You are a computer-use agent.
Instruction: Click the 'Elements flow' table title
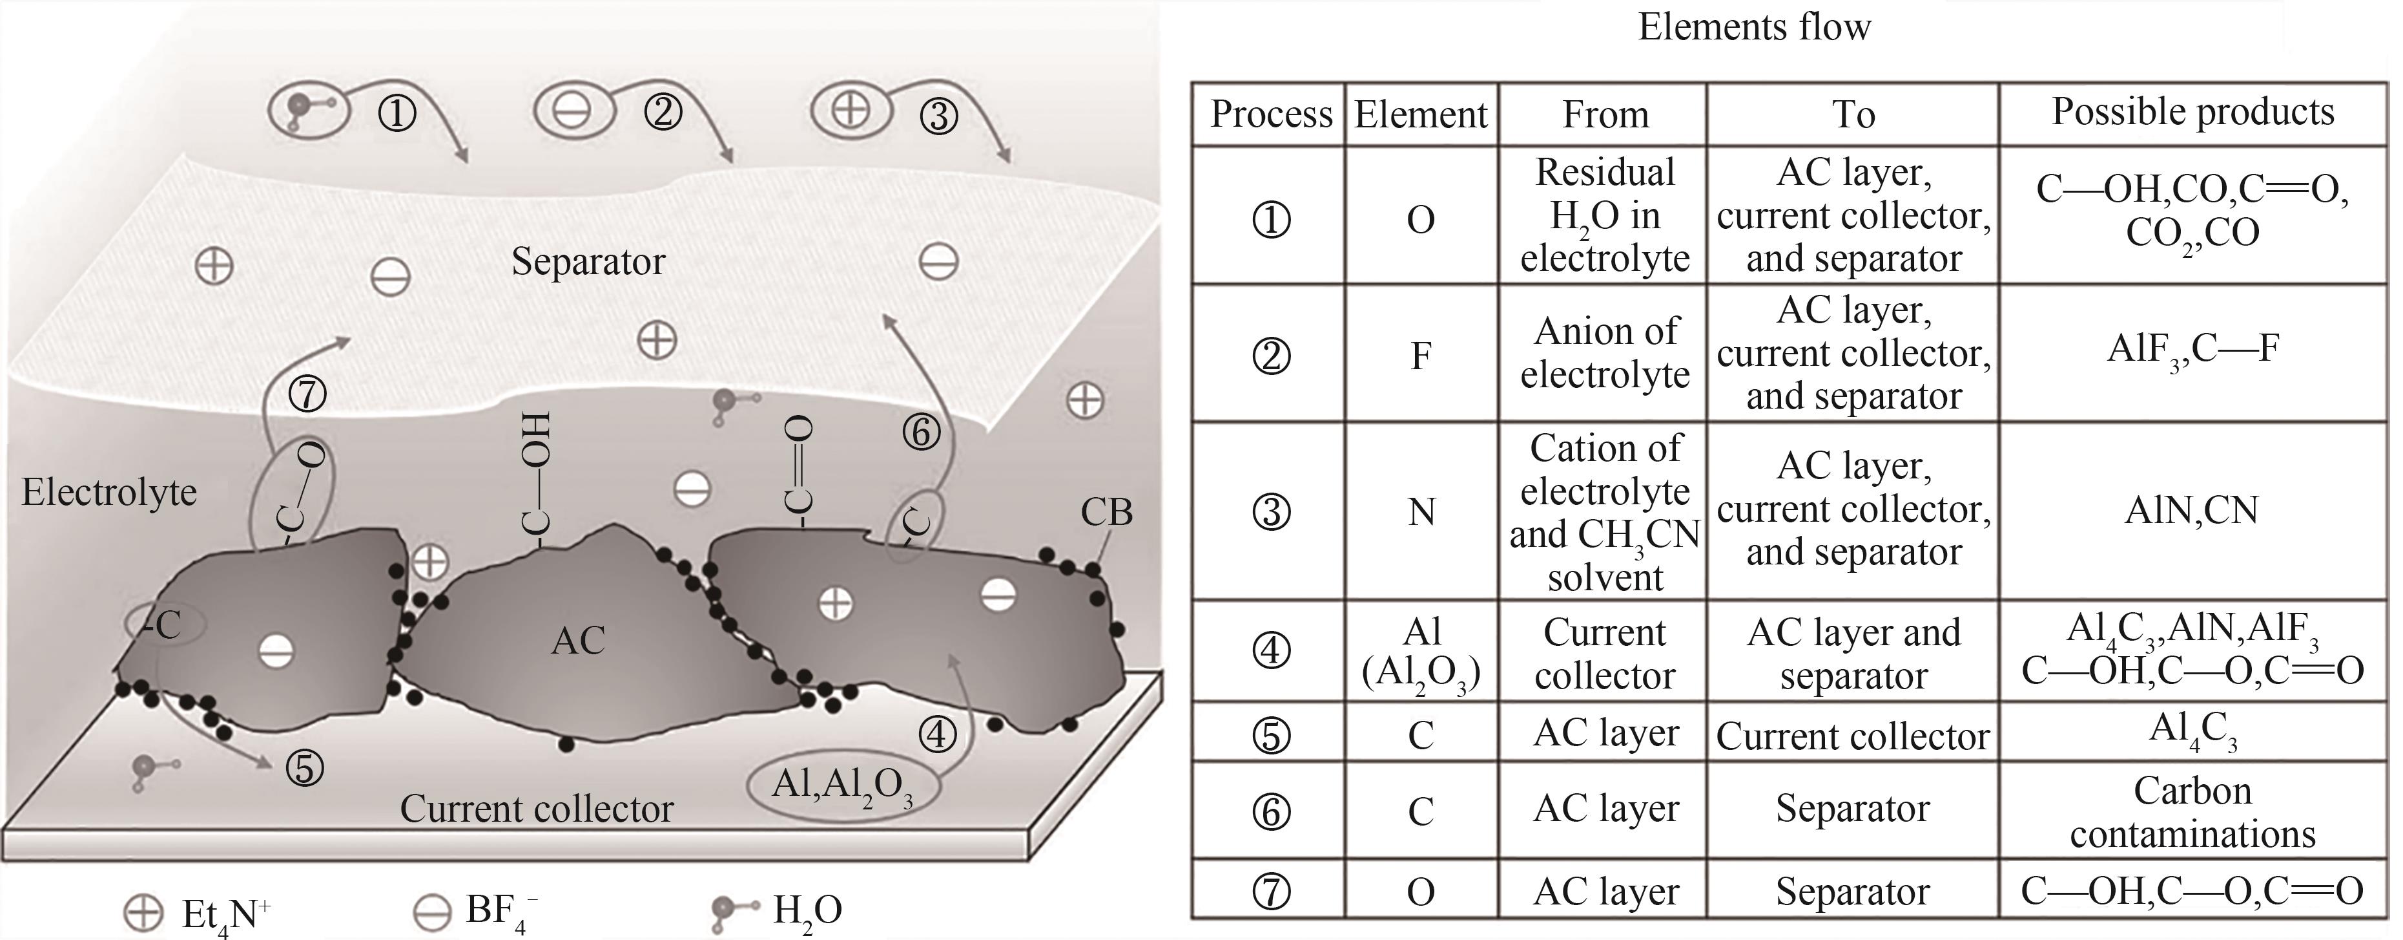[1754, 27]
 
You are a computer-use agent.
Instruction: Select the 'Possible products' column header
[2192, 112]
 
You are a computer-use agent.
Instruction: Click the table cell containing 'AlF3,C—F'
[2192, 350]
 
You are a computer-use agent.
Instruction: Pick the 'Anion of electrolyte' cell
[1605, 353]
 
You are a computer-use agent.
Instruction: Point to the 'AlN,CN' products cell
[2192, 511]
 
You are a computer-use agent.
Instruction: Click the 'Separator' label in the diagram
[588, 261]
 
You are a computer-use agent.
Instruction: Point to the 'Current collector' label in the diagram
[537, 808]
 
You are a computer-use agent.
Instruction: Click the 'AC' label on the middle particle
[579, 641]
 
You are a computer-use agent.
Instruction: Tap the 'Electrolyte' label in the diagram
[109, 492]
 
